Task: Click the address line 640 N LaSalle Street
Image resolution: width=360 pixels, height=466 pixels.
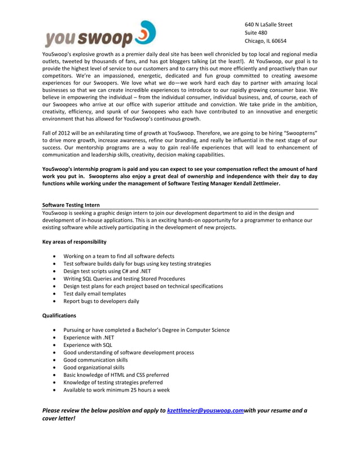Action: coord(269,24)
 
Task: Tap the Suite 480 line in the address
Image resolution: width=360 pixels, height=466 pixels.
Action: coord(256,33)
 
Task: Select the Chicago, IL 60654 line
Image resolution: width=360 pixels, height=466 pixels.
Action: coord(265,41)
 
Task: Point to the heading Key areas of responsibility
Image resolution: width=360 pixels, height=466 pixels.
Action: coord(74,241)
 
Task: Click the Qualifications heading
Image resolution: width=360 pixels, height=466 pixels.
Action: coord(59,315)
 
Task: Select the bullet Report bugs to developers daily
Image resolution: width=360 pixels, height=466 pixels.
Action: coord(101,301)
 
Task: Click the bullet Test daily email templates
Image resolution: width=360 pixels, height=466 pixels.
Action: coord(95,293)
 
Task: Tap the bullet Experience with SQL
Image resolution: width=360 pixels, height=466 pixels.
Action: coord(87,345)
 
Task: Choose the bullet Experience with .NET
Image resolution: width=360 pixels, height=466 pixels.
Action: coord(89,337)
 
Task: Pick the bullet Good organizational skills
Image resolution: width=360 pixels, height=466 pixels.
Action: coord(94,367)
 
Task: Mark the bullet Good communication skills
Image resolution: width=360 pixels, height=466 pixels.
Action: coord(95,360)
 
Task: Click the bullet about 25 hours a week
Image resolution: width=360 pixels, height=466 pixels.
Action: coord(116,390)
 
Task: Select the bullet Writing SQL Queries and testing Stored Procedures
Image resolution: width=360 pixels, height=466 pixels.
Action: coord(124,279)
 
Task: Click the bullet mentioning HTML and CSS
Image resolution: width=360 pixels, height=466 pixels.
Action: coord(116,375)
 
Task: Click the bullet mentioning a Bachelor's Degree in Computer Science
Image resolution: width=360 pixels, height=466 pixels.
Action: coord(146,330)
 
